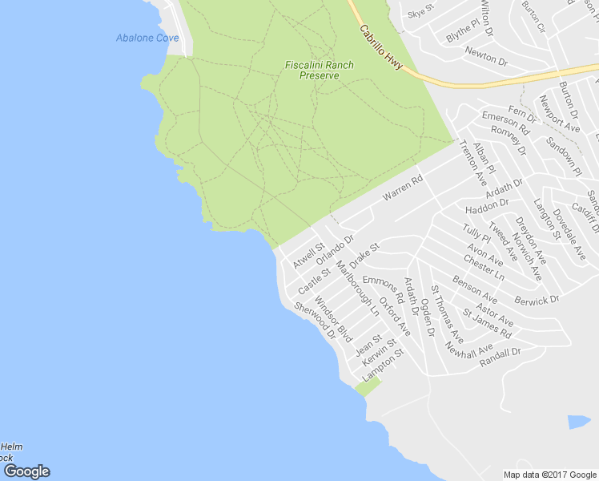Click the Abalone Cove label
(147, 38)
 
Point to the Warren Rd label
(402, 189)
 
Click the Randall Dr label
(500, 357)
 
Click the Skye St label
(420, 14)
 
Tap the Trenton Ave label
(472, 160)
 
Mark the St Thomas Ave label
(447, 313)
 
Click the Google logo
(26, 471)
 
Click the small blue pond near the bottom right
(578, 422)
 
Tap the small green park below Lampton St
(368, 387)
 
